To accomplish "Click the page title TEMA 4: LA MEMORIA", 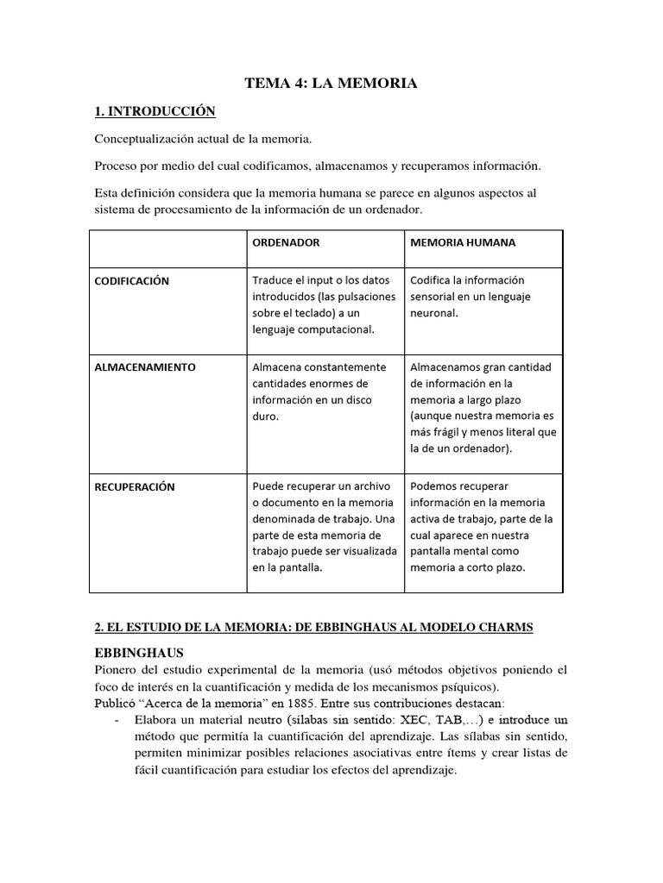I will [x=331, y=83].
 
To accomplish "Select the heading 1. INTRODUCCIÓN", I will [x=154, y=111].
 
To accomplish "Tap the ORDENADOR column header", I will [x=286, y=242].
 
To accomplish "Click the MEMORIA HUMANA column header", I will [x=463, y=242].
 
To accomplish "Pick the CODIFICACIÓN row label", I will [x=132, y=281].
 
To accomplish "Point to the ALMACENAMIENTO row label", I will [x=145, y=367].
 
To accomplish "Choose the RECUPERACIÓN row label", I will [x=134, y=487].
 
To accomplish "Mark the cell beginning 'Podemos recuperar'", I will [x=482, y=527].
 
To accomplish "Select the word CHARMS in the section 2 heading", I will [x=505, y=629].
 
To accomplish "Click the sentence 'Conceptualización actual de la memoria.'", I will [x=203, y=139].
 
